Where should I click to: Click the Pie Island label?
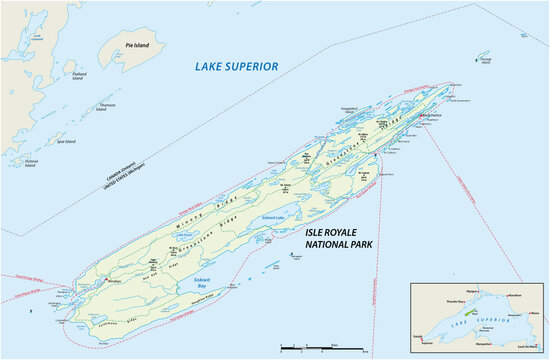coord(137,45)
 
